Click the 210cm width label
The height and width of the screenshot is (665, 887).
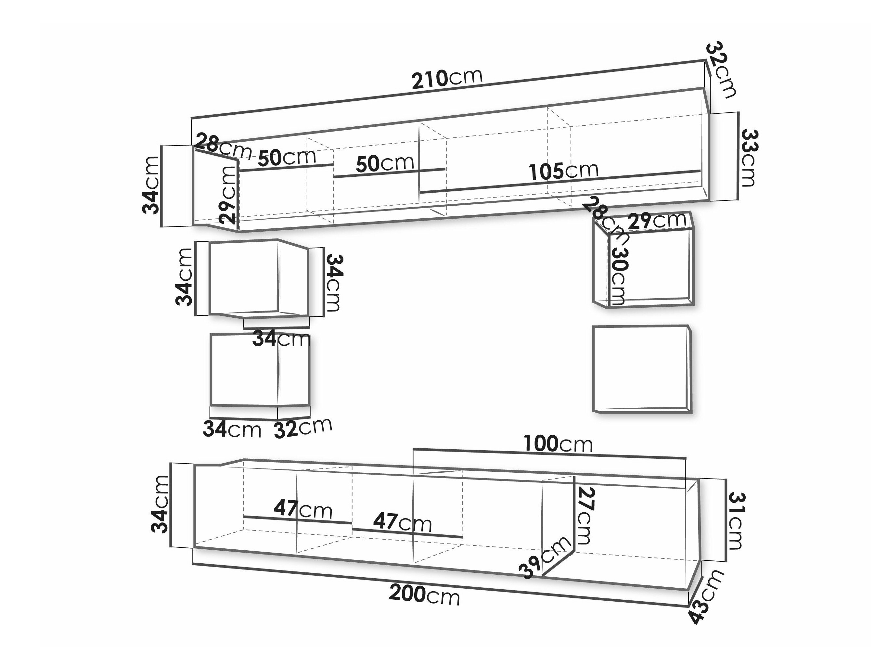447,79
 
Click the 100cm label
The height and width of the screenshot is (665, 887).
558,444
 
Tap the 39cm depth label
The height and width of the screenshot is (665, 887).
545,557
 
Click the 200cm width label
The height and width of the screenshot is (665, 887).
424,595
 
